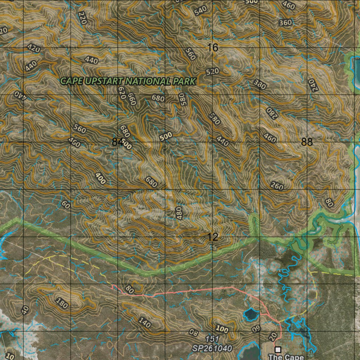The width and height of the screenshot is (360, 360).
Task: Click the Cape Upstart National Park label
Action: pyautogui.click(x=128, y=81)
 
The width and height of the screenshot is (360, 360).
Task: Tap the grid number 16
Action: pyautogui.click(x=213, y=47)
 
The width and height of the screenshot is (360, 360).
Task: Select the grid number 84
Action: pyautogui.click(x=117, y=142)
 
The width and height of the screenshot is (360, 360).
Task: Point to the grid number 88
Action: pyautogui.click(x=307, y=142)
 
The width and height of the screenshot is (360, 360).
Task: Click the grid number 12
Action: pyautogui.click(x=213, y=237)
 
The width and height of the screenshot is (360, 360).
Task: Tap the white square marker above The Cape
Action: pyautogui.click(x=278, y=349)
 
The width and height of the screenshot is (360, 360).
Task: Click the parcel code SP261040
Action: pyautogui.click(x=212, y=348)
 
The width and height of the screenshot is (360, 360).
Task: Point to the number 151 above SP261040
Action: pyautogui.click(x=212, y=339)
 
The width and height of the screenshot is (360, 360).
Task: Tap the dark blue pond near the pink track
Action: pyautogui.click(x=251, y=314)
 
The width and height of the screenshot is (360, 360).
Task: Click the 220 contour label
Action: pyautogui.click(x=83, y=18)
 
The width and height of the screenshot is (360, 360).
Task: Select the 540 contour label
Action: pyautogui.click(x=200, y=11)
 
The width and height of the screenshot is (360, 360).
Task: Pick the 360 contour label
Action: pyautogui.click(x=285, y=23)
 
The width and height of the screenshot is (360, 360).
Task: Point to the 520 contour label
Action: pyautogui.click(x=212, y=71)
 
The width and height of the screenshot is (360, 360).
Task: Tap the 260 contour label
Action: pyautogui.click(x=277, y=186)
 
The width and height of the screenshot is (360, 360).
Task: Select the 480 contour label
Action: pyautogui.click(x=180, y=213)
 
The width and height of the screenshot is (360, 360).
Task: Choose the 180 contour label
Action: pyautogui.click(x=62, y=303)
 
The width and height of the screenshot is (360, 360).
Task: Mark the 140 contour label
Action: pyautogui.click(x=144, y=322)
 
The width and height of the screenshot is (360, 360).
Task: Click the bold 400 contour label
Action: pyautogui.click(x=100, y=179)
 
